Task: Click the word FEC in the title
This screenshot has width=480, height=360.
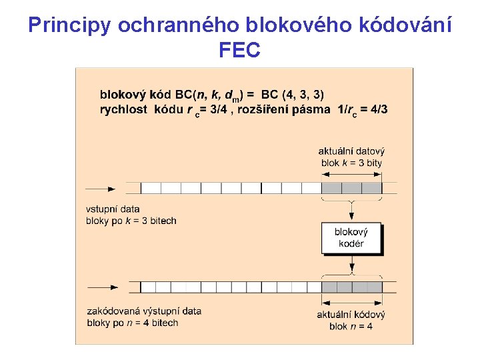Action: coord(239,49)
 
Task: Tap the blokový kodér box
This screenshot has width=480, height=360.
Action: coord(351,238)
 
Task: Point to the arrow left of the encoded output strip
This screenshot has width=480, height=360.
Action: coord(103,287)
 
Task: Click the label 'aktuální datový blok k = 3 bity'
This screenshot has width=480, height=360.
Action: coord(351,157)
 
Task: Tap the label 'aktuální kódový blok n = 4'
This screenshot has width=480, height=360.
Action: coord(351,320)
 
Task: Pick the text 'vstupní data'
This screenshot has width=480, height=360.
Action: coord(113,209)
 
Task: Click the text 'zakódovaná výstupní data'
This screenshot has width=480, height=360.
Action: coord(144,311)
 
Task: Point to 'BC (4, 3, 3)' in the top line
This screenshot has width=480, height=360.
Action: coord(293,95)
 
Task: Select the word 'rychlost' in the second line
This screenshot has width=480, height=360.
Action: coord(123,109)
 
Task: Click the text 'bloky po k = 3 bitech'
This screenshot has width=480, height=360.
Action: coord(131,221)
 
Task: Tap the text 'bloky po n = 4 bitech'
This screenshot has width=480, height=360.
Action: coord(133,323)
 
